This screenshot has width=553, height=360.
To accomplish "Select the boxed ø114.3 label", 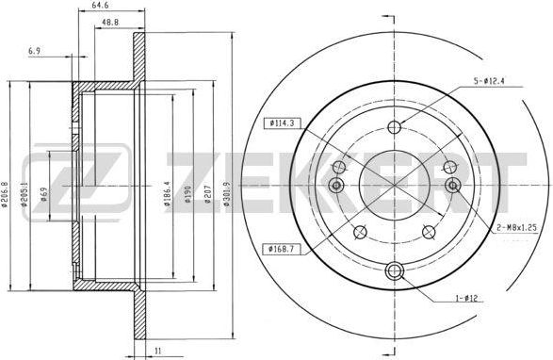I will (x=284, y=123).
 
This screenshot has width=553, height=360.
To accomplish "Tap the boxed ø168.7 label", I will (x=284, y=249).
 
